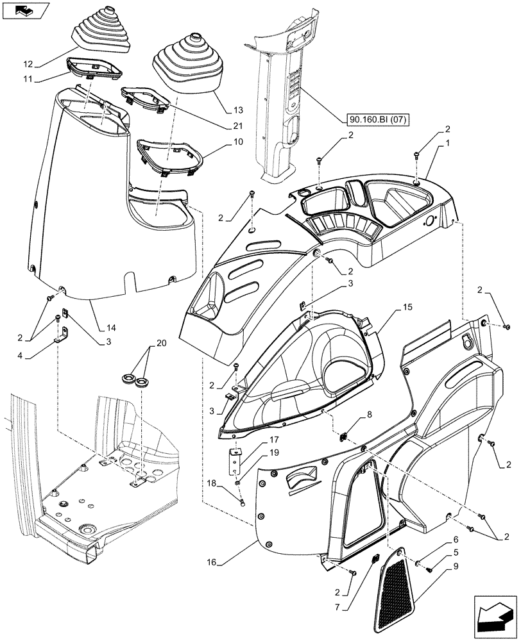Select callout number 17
[x=273, y=440]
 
